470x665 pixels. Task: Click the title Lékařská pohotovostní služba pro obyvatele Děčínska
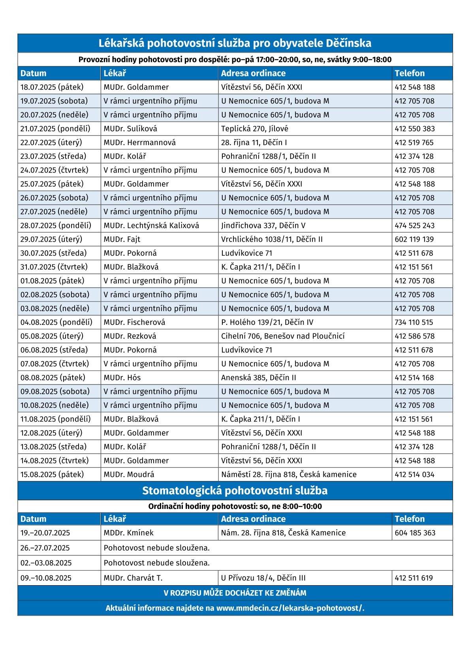[x=235, y=43]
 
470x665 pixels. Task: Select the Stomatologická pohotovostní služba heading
[x=235, y=490]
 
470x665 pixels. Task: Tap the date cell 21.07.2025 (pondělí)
[x=55, y=128]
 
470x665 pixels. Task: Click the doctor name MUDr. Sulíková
[x=130, y=128]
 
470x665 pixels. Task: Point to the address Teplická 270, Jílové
[x=255, y=128]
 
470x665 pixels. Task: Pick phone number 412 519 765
[x=414, y=142]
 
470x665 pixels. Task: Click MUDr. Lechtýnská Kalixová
[x=151, y=225]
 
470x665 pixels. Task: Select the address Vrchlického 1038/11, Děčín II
[x=272, y=239]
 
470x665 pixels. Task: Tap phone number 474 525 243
[x=414, y=225]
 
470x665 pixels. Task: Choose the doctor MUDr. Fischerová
[x=134, y=322]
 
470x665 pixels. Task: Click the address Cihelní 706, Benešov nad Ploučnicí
[x=283, y=336]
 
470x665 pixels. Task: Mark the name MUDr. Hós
[x=122, y=377]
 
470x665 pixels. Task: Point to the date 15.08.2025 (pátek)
[x=52, y=474]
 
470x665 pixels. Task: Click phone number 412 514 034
[x=414, y=474]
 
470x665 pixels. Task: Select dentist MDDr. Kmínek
[x=128, y=533]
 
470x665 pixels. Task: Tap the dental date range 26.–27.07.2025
[x=45, y=548]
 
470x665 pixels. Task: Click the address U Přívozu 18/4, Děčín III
[x=263, y=578]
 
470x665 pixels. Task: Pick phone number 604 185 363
[x=415, y=533]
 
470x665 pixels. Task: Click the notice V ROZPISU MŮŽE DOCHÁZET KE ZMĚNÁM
[x=235, y=593]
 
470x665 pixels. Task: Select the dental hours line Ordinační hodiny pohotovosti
[x=235, y=506]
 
